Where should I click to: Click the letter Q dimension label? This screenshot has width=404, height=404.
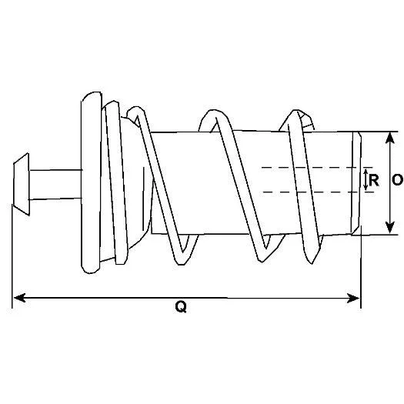(x=181, y=307)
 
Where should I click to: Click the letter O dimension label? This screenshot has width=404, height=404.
(x=397, y=180)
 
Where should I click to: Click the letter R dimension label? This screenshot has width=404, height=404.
(x=374, y=180)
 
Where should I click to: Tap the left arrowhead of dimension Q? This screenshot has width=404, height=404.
(x=19, y=298)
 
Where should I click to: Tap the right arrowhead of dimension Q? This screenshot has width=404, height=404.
(x=353, y=299)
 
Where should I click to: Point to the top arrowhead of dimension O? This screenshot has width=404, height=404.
(x=390, y=139)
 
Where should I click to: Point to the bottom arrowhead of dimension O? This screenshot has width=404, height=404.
(x=390, y=227)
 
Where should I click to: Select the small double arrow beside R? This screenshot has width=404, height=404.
(x=366, y=179)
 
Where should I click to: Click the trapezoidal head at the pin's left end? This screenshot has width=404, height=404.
(x=22, y=184)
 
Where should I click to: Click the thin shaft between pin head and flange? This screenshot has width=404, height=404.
(x=55, y=185)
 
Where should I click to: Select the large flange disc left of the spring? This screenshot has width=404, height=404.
(x=91, y=182)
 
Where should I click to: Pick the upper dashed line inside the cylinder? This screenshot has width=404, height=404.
(x=316, y=168)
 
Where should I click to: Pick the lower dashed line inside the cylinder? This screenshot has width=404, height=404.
(x=317, y=192)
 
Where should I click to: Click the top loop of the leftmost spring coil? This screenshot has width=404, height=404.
(x=135, y=112)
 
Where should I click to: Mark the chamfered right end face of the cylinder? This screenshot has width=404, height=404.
(x=356, y=183)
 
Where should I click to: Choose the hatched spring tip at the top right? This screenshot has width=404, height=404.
(x=306, y=121)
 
